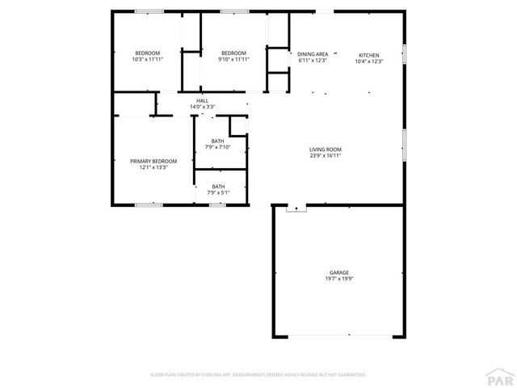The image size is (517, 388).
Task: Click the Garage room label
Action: (x=338, y=273)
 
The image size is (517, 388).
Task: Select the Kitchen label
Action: (x=369, y=54)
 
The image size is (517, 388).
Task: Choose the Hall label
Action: (x=202, y=100)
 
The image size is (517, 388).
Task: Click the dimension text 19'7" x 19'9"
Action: (x=338, y=280)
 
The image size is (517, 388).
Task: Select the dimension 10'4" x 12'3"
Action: (x=369, y=61)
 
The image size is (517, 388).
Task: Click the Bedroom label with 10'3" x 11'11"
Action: (x=147, y=53)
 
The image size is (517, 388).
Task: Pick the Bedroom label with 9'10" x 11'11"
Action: (x=233, y=53)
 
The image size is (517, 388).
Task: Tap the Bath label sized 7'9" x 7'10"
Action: (x=218, y=141)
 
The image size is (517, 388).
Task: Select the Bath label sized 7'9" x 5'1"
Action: (x=218, y=187)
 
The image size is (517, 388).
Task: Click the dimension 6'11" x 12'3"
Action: (x=313, y=61)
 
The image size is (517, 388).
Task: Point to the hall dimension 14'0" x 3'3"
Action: (x=202, y=107)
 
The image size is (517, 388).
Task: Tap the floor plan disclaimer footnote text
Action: (x=258, y=375)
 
